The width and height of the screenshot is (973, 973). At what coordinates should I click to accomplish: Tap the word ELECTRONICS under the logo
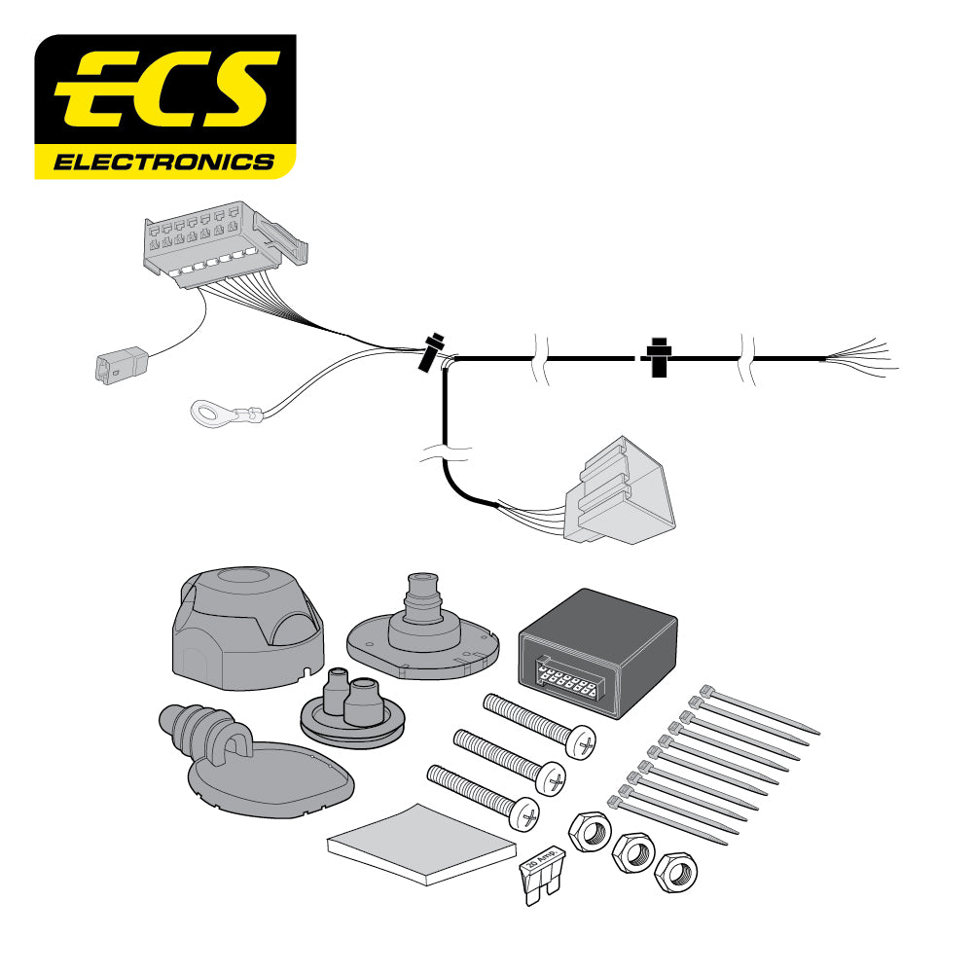coord(163,162)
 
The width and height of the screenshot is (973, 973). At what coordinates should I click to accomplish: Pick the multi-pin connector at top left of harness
coord(219,243)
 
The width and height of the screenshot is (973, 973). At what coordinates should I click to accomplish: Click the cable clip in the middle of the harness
coord(659,358)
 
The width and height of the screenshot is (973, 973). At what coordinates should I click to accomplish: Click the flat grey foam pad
coord(421,843)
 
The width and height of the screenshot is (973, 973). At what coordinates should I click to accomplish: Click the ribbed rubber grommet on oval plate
coord(248,759)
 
